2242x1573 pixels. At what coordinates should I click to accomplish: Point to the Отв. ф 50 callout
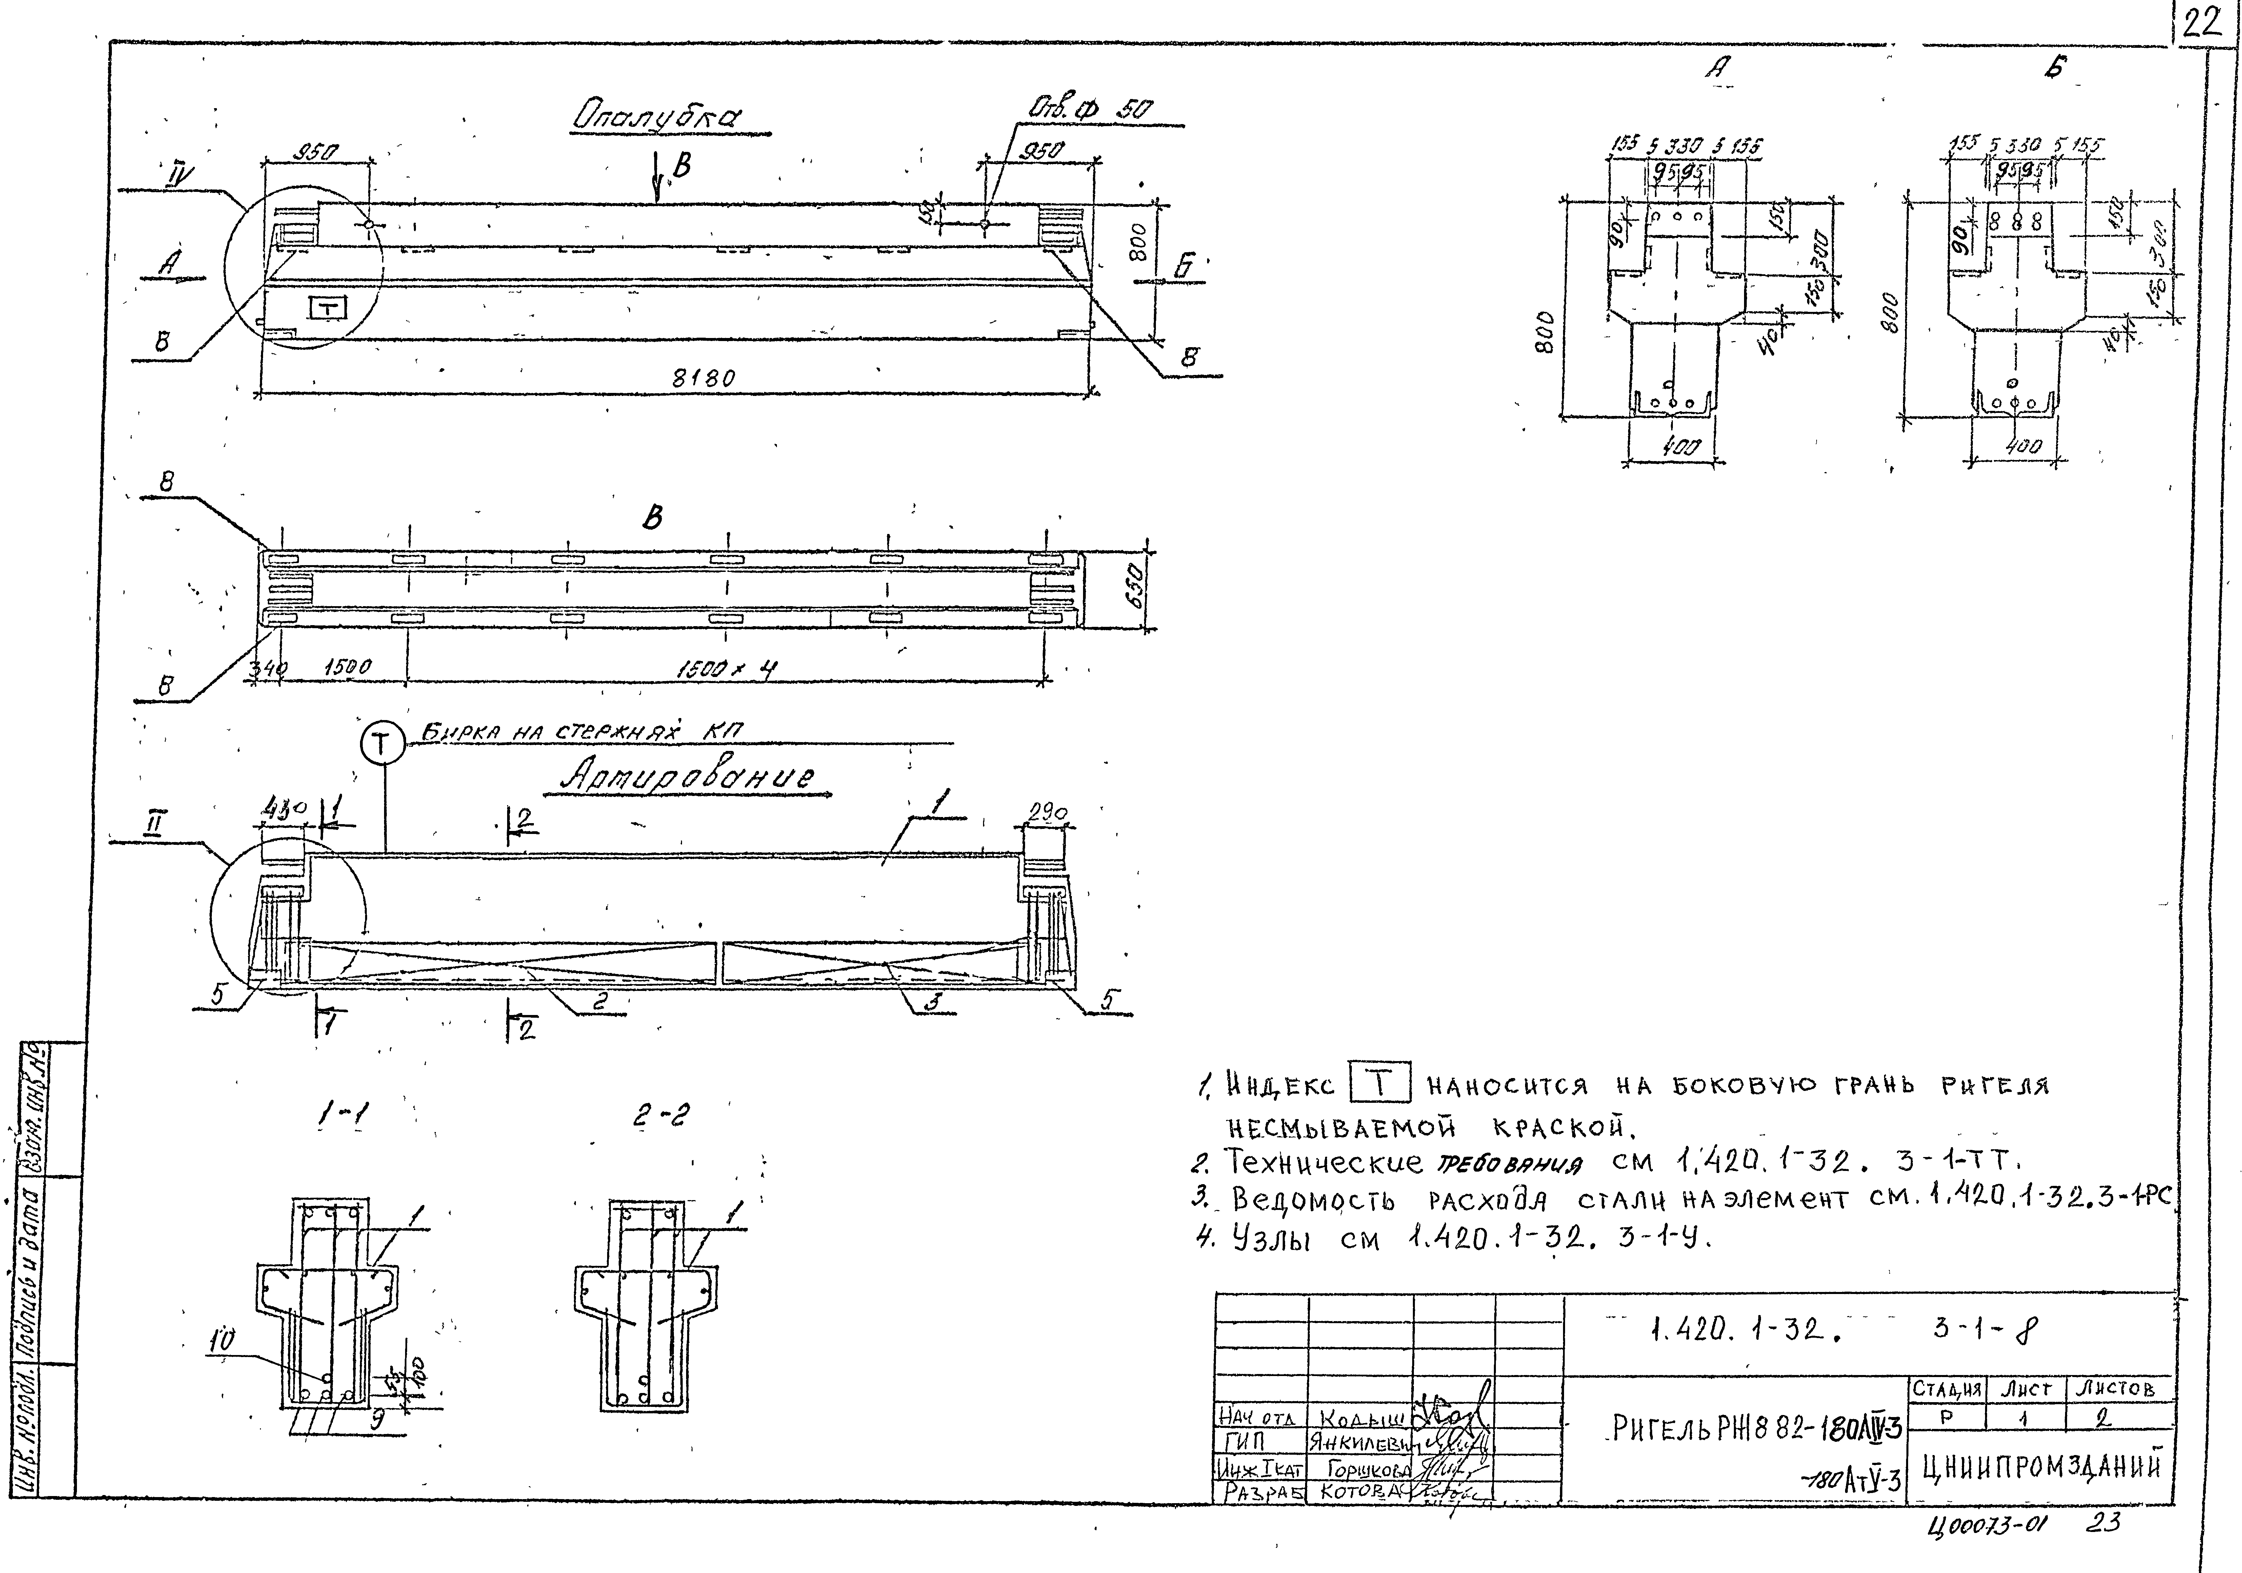click(x=1091, y=109)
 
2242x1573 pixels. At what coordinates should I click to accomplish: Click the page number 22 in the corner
click(x=2201, y=23)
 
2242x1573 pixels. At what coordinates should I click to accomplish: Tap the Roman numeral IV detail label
click(x=180, y=176)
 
